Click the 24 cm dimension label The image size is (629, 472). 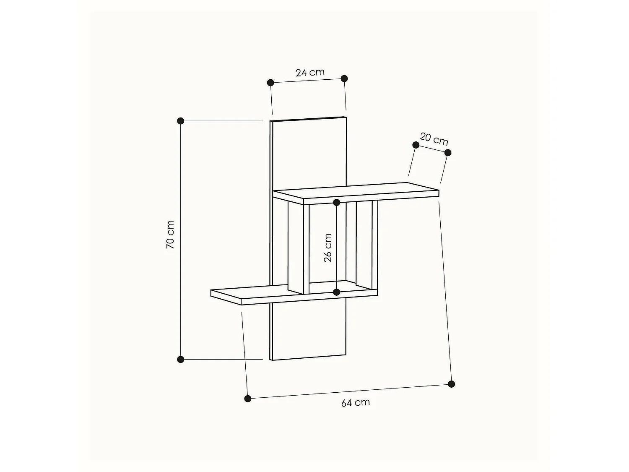[310, 72]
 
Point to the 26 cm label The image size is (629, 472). [328, 248]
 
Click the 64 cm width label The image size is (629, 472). [356, 403]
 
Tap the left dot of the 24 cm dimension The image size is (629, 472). [270, 83]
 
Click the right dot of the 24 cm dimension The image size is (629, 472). [344, 78]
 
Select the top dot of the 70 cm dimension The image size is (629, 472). [181, 121]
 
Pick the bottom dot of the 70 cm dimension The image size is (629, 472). [181, 360]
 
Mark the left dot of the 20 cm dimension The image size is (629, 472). [416, 145]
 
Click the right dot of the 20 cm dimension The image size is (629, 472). [447, 152]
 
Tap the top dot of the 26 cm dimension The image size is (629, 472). [337, 203]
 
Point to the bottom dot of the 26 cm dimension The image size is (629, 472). [337, 292]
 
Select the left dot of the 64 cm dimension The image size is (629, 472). [248, 398]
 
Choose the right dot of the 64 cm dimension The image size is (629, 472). [451, 384]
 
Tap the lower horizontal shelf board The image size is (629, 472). [252, 295]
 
